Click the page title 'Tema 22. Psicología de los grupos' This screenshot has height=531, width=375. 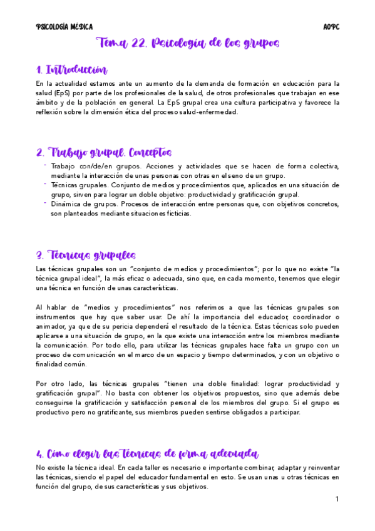(x=187, y=43)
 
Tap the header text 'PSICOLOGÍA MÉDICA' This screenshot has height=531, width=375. (x=64, y=27)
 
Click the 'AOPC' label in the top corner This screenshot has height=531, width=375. (x=331, y=27)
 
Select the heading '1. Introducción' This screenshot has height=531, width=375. (x=71, y=70)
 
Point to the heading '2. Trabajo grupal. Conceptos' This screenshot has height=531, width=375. (x=103, y=153)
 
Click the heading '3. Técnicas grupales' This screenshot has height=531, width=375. (x=86, y=255)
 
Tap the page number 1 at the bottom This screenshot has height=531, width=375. (x=336, y=499)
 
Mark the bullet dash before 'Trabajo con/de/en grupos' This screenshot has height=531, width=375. (x=45, y=165)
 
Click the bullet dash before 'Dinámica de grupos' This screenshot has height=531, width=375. (x=45, y=203)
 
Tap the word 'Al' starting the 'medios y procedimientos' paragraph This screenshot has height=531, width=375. (x=40, y=307)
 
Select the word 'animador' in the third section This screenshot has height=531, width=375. (x=53, y=326)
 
